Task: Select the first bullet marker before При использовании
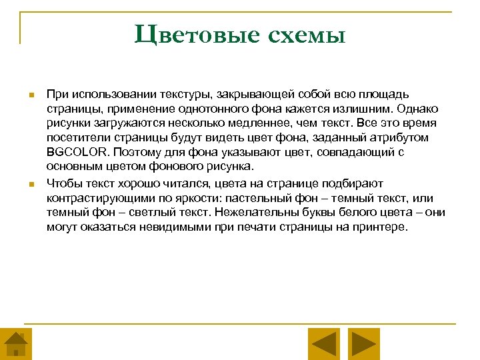click(x=31, y=96)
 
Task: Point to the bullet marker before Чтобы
click(x=31, y=184)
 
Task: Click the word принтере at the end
click(x=380, y=227)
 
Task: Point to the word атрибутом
click(x=405, y=137)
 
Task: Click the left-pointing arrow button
click(x=325, y=345)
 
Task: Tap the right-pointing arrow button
click(x=364, y=345)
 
